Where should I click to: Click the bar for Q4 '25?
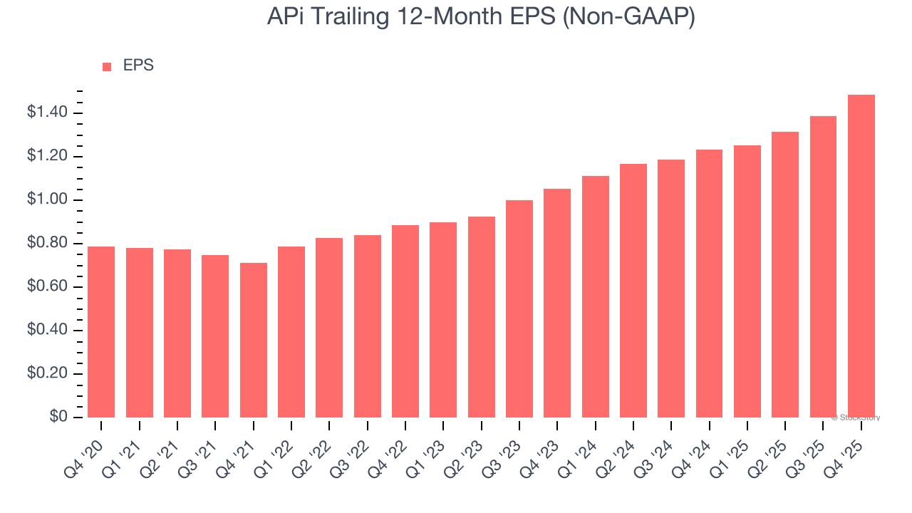pos(861,256)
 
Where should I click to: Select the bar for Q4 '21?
pos(253,341)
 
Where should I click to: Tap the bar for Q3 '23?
pos(519,309)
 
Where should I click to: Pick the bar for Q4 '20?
pos(101,332)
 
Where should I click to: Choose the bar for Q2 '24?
pos(633,291)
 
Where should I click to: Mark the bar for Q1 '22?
pos(291,332)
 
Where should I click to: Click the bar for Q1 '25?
pos(747,281)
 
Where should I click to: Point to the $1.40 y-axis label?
pos(47,113)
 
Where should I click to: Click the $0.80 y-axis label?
pos(47,244)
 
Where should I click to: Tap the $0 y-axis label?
pos(58,418)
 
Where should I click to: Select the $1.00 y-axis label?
pos(47,200)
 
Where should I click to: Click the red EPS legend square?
pos(107,66)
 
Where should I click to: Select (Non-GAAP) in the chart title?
pos(628,17)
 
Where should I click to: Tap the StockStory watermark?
pos(856,418)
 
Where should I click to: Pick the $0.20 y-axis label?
pos(47,374)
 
